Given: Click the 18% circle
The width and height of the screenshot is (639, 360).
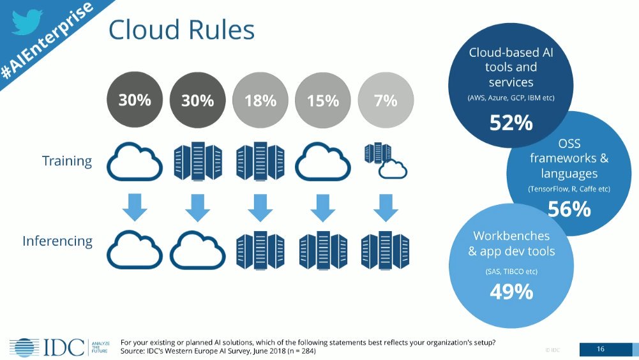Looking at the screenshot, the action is point(260,100).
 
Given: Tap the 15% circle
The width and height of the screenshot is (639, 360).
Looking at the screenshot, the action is point(322,100).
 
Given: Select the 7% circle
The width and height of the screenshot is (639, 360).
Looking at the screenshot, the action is point(386,100).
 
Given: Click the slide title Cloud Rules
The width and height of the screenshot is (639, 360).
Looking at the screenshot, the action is point(181,30).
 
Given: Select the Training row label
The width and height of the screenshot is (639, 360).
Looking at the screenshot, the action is point(67,160).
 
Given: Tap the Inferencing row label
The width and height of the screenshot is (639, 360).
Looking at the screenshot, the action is point(57,241).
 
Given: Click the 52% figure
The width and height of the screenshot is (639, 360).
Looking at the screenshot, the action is point(511,123).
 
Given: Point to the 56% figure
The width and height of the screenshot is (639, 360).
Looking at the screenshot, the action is point(569,209).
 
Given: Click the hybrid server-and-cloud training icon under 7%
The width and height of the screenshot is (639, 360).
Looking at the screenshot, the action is point(385,161).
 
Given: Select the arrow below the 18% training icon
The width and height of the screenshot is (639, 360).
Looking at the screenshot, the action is point(260,206).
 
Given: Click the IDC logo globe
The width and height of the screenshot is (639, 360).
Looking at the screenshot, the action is point(22,345).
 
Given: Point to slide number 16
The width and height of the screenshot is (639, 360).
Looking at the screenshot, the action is point(600,349).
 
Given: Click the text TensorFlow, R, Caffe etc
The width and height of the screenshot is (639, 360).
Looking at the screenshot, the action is point(569,190).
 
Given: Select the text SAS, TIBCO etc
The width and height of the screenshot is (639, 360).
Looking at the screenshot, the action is point(511,272).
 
